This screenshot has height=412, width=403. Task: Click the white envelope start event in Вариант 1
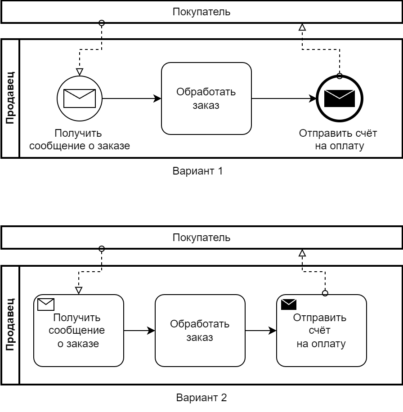[x=80, y=98]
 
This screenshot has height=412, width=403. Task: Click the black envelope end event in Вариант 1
[x=340, y=98]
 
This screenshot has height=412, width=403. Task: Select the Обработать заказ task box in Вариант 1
[x=206, y=99]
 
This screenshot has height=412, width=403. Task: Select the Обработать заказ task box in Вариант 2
[x=200, y=331]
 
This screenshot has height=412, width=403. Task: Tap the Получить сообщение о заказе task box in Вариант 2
[x=79, y=331]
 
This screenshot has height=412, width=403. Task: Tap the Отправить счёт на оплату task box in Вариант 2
[x=321, y=331]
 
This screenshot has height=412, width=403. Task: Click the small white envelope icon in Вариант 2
[x=46, y=305]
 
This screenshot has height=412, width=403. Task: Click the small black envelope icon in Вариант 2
[x=289, y=305]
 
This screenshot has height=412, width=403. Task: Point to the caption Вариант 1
[x=198, y=171]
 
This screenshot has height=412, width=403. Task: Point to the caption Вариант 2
[x=201, y=398]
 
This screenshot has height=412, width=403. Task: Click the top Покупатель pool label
[x=201, y=12]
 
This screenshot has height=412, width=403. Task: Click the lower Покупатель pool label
[x=201, y=238]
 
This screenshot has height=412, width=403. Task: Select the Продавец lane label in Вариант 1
[x=10, y=98]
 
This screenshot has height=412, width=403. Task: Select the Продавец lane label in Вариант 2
[x=10, y=325]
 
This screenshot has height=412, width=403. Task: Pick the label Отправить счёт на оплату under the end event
[x=338, y=139]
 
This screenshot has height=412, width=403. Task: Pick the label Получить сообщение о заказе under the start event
[x=79, y=139]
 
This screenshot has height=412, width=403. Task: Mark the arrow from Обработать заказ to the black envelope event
[x=283, y=99]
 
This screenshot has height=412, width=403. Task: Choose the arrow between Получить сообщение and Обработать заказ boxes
[x=139, y=331]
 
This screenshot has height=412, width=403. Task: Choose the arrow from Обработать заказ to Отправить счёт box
[x=260, y=331]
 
